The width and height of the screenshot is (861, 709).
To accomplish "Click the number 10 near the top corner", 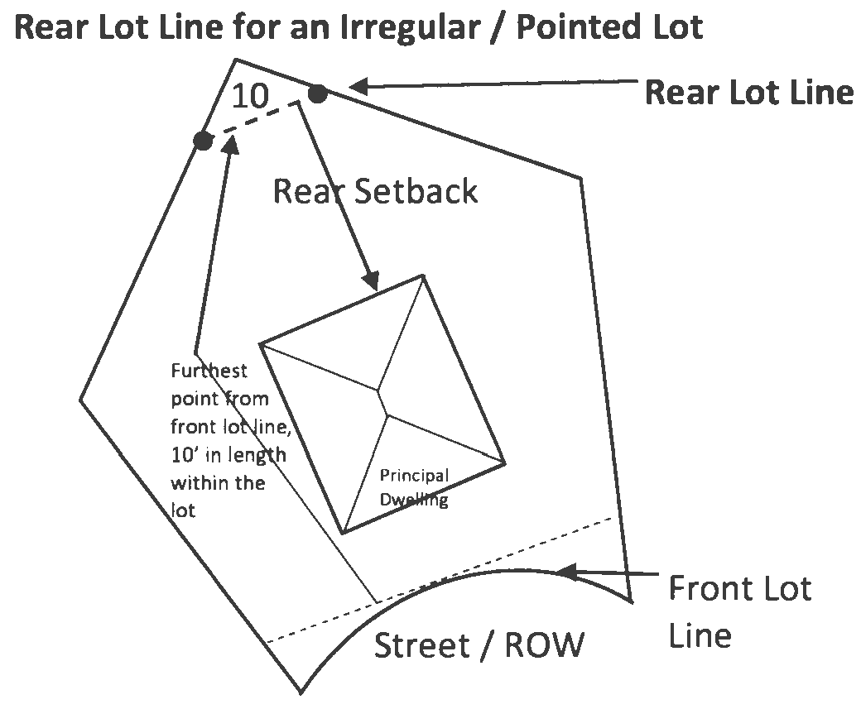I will point(249,96).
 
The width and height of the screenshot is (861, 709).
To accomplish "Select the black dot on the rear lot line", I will point(317,93).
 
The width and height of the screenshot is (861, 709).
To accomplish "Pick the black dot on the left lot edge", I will point(203,141).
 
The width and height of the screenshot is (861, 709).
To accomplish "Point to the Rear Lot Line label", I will point(748,92).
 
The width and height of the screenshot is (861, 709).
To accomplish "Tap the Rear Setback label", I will point(375,192).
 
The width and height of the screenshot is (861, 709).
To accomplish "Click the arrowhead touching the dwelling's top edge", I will point(373,280).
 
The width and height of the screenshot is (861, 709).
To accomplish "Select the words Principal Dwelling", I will point(414,487).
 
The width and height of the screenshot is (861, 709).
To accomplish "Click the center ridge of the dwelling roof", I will point(383,398).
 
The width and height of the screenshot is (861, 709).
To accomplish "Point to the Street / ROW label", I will point(479,644).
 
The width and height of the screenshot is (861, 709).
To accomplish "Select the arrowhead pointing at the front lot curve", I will point(564,571).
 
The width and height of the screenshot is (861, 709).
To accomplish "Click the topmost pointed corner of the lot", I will point(236,60).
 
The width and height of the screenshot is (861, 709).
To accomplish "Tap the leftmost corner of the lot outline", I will point(81,400).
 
